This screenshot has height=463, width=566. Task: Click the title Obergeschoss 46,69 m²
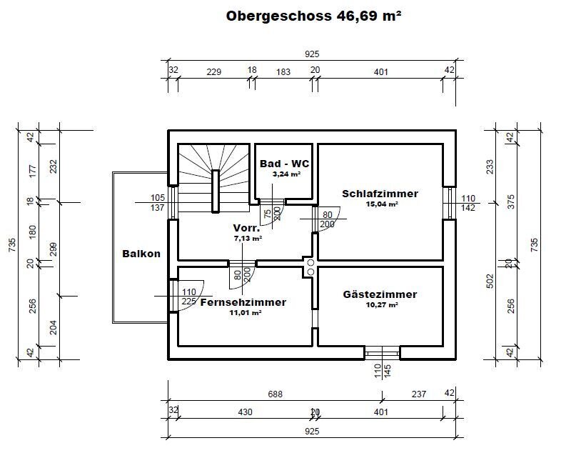[313, 16]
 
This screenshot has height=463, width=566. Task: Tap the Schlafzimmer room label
[380, 194]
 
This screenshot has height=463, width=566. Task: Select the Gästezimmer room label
[380, 294]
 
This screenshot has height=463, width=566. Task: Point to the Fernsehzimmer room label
[243, 302]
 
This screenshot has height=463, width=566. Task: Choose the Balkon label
[141, 254]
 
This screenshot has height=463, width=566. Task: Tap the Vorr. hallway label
[247, 229]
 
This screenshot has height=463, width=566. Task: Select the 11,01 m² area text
[243, 312]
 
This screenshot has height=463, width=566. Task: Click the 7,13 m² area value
[248, 239]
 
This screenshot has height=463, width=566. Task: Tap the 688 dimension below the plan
[274, 392]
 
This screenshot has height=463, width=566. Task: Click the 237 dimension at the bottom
[419, 392]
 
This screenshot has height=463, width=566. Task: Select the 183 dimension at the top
[283, 71]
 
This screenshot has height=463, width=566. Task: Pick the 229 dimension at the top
[213, 71]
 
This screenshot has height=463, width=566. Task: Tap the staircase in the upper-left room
[208, 179]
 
